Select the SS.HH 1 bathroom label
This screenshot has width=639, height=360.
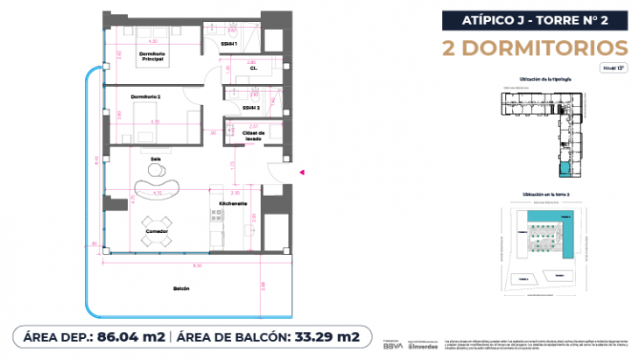click(228, 43)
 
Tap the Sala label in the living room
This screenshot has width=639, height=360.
click(155, 159)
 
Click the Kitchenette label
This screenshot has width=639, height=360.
click(234, 203)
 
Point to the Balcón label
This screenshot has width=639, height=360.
click(181, 288)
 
